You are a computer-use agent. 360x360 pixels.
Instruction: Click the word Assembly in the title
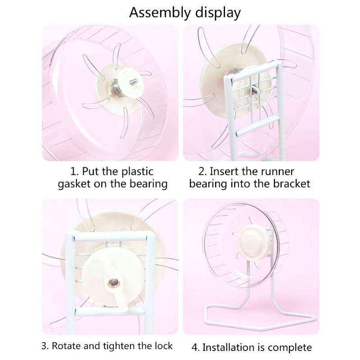pyautogui.click(x=160, y=13)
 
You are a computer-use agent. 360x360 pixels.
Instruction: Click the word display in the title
pyautogui.click(x=218, y=13)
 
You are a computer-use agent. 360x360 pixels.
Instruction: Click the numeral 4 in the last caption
pyautogui.click(x=194, y=347)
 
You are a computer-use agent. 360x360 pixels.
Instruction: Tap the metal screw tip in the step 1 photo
pyautogui.click(x=134, y=81)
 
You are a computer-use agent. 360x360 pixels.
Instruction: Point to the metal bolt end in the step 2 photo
pyautogui.click(x=256, y=90)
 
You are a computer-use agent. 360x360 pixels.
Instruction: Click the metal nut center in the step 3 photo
pyautogui.click(x=113, y=282)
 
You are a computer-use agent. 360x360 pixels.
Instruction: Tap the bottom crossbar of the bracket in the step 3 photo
pyautogui.click(x=110, y=311)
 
